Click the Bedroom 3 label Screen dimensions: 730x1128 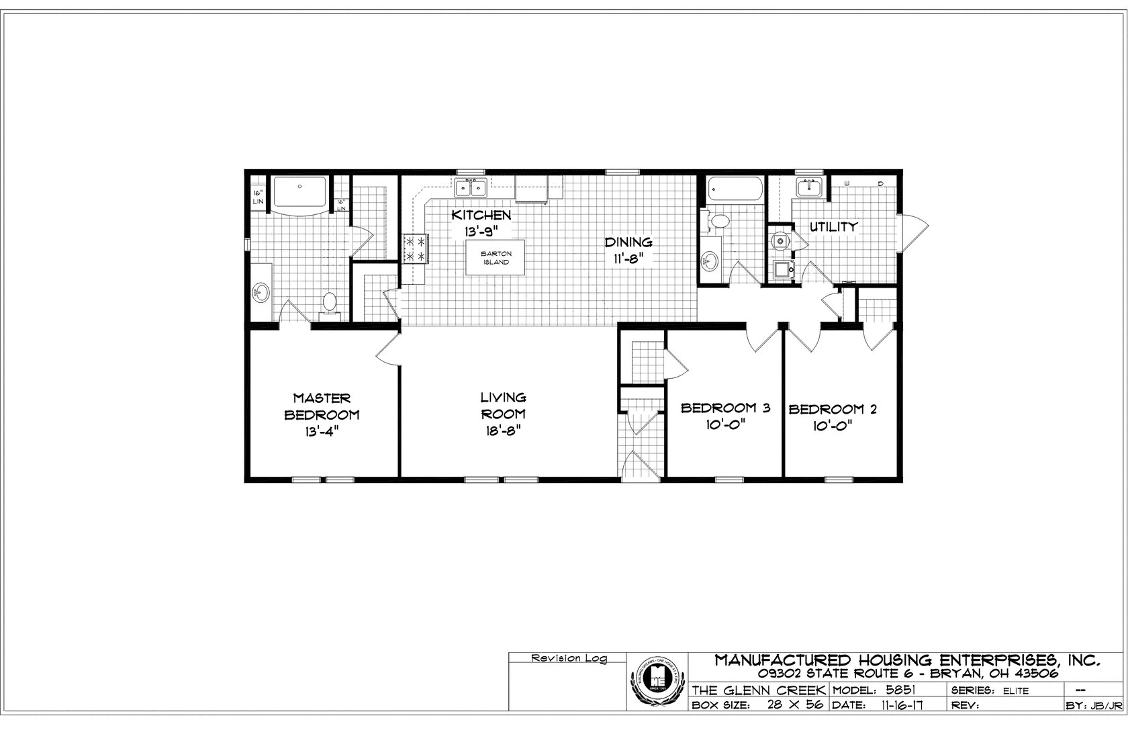pos(725,408)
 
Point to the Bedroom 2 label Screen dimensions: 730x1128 pos(833,409)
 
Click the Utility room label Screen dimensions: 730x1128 pos(833,226)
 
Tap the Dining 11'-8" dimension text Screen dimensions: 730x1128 pos(628,261)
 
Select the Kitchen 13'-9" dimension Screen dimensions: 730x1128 pos(481,231)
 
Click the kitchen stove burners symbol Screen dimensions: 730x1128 pos(415,248)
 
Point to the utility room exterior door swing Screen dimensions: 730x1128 pos(913,232)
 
